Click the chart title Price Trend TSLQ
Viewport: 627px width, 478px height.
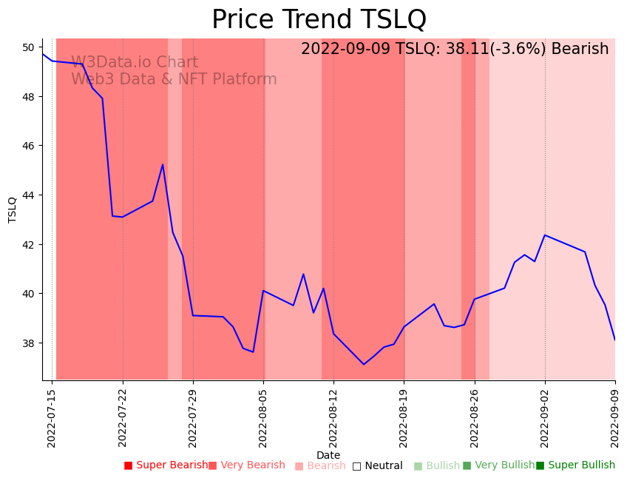[x=319, y=20]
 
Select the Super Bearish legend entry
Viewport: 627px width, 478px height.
[x=166, y=465]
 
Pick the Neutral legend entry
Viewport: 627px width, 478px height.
[x=377, y=465]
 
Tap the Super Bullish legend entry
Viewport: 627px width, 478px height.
[x=575, y=465]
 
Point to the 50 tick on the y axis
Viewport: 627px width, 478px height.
[x=29, y=47]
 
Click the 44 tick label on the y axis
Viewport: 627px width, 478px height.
[x=29, y=195]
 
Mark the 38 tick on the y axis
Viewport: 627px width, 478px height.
[x=29, y=343]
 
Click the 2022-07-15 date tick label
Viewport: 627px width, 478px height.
[x=52, y=418]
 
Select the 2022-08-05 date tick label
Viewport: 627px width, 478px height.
[x=263, y=418]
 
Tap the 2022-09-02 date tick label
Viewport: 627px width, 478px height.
[x=545, y=418]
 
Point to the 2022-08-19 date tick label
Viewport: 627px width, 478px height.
[x=404, y=418]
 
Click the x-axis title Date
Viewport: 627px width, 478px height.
[x=328, y=455]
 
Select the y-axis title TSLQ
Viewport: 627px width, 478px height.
[x=13, y=209]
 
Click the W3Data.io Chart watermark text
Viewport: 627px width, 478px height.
[x=135, y=63]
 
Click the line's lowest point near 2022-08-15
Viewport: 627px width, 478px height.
[x=364, y=364]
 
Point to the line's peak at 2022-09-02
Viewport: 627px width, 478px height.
[x=545, y=235]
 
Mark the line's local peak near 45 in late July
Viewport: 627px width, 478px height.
[x=163, y=164]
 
